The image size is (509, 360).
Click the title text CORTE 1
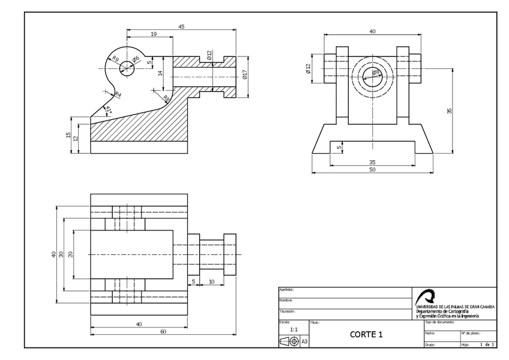point(366,335)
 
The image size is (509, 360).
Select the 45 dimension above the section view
point(181,26)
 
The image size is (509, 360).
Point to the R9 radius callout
point(115,59)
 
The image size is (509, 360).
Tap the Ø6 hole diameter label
point(136,59)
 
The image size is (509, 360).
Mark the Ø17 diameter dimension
point(245,74)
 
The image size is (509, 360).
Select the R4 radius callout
point(118,94)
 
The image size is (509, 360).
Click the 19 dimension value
point(154,35)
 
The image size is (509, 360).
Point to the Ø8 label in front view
point(376,73)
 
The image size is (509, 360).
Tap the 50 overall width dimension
point(372,170)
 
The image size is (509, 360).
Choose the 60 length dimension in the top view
point(163,332)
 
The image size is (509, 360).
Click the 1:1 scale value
point(294,329)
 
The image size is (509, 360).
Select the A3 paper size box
point(304,341)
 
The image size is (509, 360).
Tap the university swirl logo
point(427,296)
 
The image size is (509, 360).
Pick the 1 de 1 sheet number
point(487,344)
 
